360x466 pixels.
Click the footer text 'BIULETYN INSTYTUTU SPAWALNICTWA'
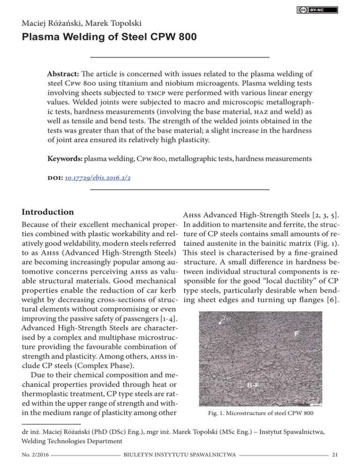[180, 453]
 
